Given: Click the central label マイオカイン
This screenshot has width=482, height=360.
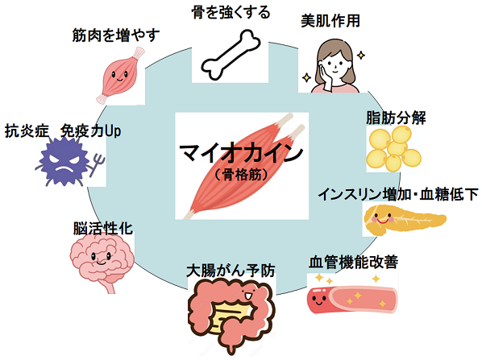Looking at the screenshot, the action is [x=242, y=153].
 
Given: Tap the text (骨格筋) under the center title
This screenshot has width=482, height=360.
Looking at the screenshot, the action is [x=242, y=175].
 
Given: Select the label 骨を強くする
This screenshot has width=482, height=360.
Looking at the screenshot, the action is [x=231, y=13].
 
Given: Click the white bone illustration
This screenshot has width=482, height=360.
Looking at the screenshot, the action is [x=231, y=56].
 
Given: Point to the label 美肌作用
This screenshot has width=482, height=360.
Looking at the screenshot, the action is [x=330, y=21].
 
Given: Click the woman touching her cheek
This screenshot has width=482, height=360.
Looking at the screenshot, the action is [x=335, y=66].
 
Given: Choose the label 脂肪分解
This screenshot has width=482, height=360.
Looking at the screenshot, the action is [x=396, y=118].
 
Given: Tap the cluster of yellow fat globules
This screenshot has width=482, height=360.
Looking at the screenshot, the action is [x=394, y=149].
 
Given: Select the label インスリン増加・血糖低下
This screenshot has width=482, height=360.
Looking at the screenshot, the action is [x=398, y=194].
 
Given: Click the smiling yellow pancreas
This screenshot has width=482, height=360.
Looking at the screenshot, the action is [x=403, y=219].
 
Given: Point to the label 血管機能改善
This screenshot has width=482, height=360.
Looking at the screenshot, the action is [x=354, y=262].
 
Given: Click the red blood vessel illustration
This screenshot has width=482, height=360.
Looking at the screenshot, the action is [x=352, y=299].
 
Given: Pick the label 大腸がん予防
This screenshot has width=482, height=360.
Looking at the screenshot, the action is [x=231, y=271].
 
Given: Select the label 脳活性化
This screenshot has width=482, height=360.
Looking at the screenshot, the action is [x=103, y=228].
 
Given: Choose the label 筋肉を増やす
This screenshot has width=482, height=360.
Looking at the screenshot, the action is [x=116, y=35].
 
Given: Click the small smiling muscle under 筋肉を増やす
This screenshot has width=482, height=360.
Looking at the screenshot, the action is [x=121, y=75].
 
